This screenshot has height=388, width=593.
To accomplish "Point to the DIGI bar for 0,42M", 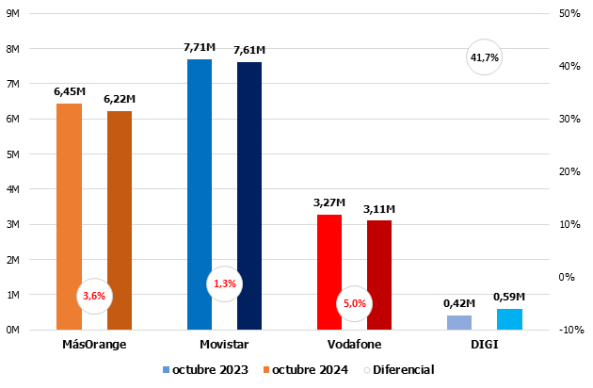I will (x=459, y=322).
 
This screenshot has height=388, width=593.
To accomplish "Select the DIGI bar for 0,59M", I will (x=509, y=319).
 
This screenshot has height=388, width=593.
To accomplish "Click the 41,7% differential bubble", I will (x=484, y=58).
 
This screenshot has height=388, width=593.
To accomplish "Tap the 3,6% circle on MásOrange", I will (x=94, y=296).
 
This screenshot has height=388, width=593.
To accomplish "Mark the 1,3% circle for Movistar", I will (x=224, y=283).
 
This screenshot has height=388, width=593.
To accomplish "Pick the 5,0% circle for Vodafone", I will (x=355, y=303).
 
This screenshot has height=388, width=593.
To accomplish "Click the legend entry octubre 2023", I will (x=205, y=370).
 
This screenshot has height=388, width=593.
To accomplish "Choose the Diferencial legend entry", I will (x=398, y=370).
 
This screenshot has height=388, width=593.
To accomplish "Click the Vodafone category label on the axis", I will (x=354, y=345).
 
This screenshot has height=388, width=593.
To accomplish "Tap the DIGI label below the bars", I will (x=484, y=345).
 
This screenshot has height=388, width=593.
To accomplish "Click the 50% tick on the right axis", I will (x=568, y=14).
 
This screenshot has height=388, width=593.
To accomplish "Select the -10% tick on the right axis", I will (x=568, y=330).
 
